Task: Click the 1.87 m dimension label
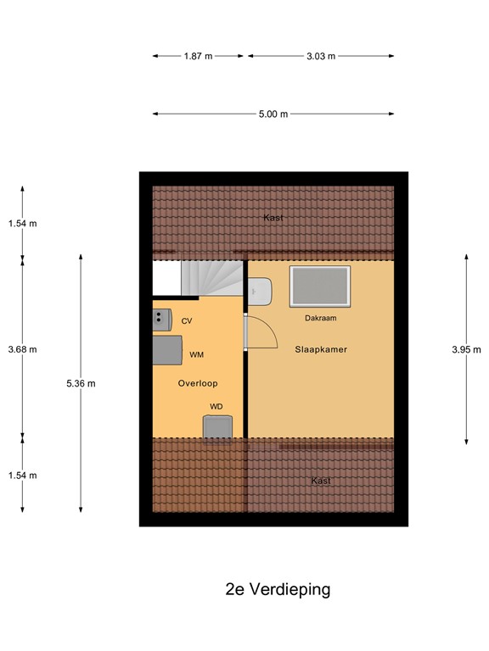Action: (198, 56)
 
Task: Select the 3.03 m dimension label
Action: (321, 56)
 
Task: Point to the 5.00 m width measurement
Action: (273, 114)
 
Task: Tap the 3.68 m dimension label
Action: (23, 349)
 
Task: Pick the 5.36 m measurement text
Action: (81, 383)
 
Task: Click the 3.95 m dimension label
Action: (466, 349)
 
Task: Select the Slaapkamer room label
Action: (321, 349)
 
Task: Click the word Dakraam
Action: (321, 319)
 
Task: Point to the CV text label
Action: (187, 320)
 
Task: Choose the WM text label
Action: (196, 354)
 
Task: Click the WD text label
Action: (216, 407)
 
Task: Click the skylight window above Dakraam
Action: (319, 287)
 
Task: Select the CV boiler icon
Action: (160, 318)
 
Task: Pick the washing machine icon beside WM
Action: (166, 348)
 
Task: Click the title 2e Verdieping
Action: (278, 589)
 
